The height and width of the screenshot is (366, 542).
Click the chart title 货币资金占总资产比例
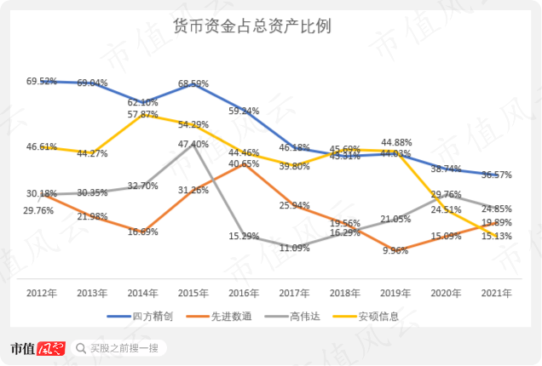click(x=270, y=26)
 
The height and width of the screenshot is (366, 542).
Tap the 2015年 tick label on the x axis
click(x=193, y=293)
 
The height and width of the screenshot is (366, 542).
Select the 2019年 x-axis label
click(x=395, y=293)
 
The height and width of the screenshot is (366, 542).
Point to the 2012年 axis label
click(x=42, y=293)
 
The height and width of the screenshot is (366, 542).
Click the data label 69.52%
click(x=42, y=82)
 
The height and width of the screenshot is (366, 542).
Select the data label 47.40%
click(x=193, y=145)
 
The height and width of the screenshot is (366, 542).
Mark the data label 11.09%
click(x=295, y=248)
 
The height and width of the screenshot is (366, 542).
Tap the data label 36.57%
click(x=496, y=174)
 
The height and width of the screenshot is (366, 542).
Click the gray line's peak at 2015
click(x=194, y=146)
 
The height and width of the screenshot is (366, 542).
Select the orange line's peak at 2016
click(x=245, y=163)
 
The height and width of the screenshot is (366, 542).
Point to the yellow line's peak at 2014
click(x=143, y=113)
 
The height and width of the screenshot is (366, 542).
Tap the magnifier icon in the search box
click(x=80, y=348)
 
